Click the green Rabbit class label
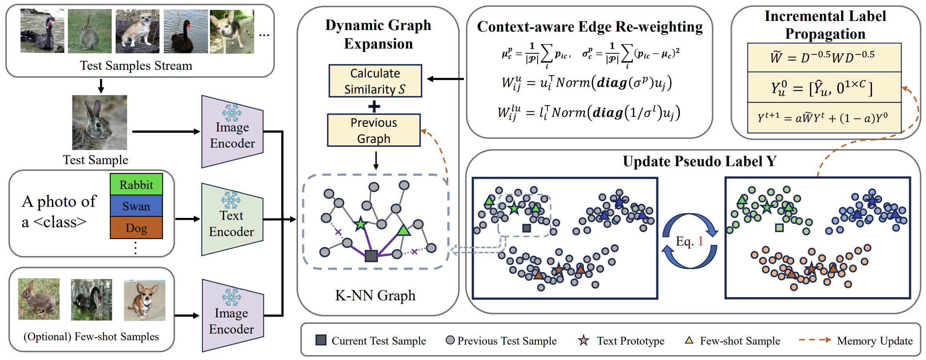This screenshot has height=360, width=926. click(x=136, y=185)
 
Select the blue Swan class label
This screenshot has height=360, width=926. click(x=136, y=206)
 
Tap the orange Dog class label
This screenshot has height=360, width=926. click(x=136, y=228)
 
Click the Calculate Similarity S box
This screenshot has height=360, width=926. click(x=375, y=81)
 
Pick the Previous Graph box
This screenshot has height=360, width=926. click(x=373, y=130)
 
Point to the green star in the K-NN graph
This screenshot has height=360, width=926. click(x=360, y=224)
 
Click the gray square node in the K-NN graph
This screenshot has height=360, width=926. click(x=371, y=256)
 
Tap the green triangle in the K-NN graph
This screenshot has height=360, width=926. click(x=403, y=230)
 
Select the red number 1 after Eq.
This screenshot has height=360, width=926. click(x=701, y=241)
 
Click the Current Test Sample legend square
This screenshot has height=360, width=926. click(x=321, y=340)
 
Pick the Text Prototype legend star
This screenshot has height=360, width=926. click(x=583, y=340)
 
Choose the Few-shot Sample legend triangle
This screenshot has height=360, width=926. click(x=689, y=340)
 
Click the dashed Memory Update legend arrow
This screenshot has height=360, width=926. click(x=815, y=340)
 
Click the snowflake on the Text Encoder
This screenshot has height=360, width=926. click(x=231, y=200)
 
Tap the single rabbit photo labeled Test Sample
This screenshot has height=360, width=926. click(x=99, y=122)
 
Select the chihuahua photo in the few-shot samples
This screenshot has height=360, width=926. click(x=144, y=300)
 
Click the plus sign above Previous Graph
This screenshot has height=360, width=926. click(x=374, y=106)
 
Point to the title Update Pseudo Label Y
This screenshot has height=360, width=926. click(x=699, y=161)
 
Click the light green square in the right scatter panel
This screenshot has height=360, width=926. click(x=779, y=227)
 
